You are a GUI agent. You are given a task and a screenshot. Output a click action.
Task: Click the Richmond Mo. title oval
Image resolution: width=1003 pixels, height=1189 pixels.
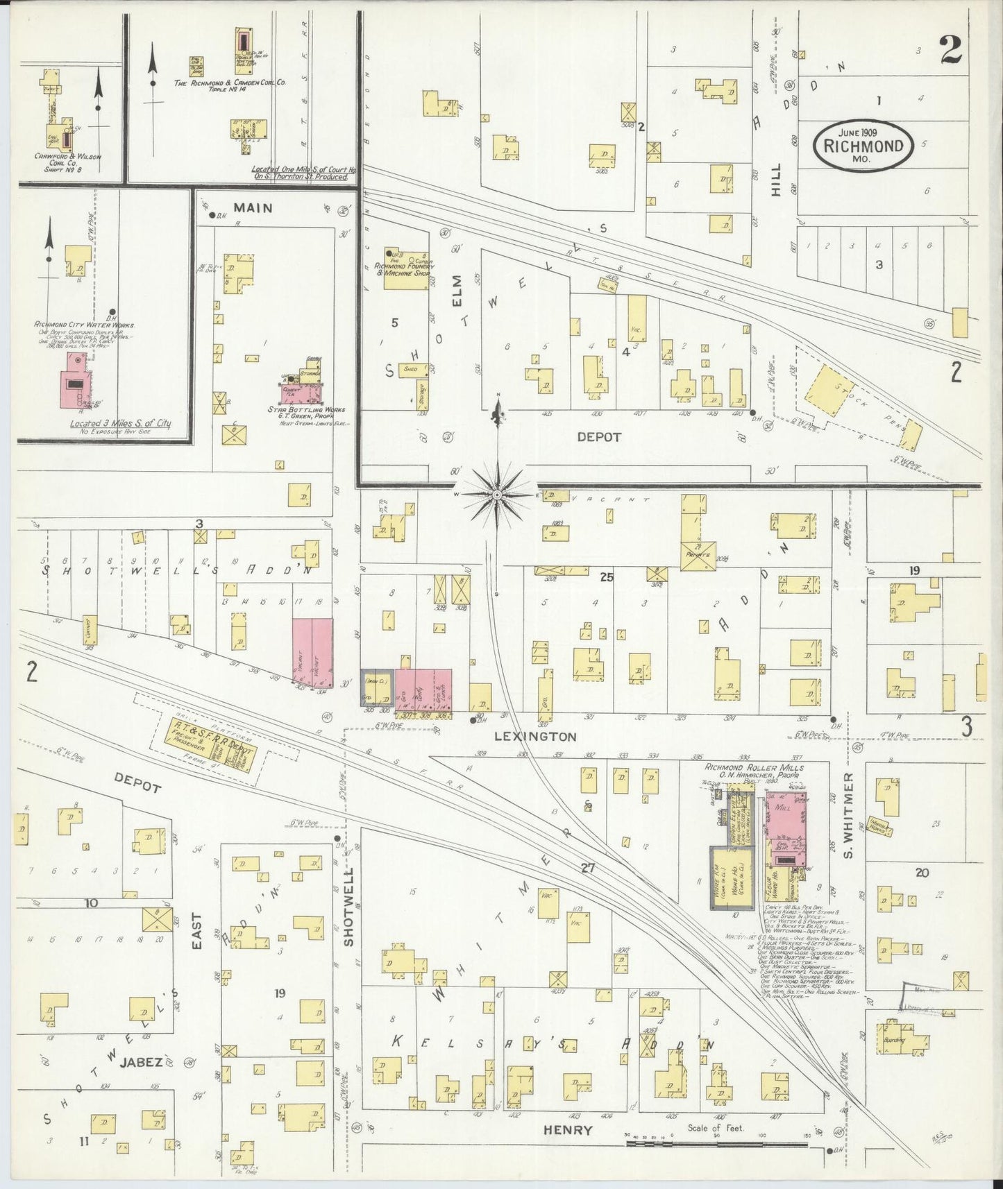(863, 146)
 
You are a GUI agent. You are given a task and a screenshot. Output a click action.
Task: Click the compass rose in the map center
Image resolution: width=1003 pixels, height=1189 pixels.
(498, 494)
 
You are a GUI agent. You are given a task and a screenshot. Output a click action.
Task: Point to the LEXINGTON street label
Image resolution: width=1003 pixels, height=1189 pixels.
(535, 737)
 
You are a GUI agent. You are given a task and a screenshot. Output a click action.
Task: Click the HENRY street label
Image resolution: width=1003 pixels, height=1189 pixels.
(568, 1130)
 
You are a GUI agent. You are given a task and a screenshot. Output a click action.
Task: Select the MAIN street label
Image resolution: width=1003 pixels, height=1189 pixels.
(253, 207)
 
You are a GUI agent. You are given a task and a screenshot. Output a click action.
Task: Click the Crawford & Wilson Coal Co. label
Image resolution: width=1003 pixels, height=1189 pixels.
(67, 162)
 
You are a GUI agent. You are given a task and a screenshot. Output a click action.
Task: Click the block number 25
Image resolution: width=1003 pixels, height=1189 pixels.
(606, 576)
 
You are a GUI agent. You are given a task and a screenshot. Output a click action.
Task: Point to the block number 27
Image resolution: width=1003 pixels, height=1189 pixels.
(588, 867)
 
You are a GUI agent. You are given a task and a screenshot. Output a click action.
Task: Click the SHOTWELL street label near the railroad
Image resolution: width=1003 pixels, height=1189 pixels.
(348, 906)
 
